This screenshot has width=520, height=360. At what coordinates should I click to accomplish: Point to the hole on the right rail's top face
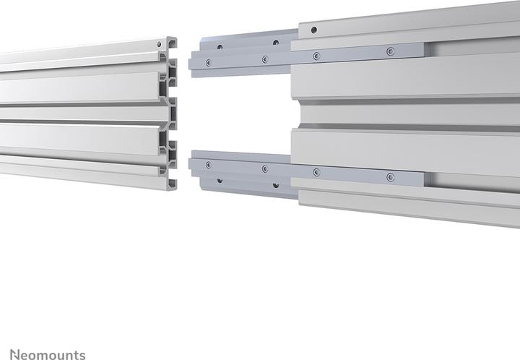[x=313, y=30]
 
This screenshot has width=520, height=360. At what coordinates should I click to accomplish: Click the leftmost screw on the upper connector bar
[x=208, y=62]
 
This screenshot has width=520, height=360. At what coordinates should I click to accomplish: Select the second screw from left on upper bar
[x=265, y=59]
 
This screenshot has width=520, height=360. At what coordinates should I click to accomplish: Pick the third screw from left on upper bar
[x=316, y=56]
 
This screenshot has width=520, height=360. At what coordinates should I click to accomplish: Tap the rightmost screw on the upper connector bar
[x=391, y=51]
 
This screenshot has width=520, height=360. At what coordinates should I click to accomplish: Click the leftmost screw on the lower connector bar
[x=208, y=165]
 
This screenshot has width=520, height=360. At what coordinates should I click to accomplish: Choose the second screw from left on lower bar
[x=265, y=168]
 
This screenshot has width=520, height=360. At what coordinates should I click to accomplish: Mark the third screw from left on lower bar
[x=316, y=172]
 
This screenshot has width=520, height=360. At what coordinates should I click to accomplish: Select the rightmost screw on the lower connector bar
[x=391, y=176]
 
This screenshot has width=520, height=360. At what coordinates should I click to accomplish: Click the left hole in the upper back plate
[x=220, y=47]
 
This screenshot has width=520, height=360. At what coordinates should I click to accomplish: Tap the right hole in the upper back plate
[x=276, y=43]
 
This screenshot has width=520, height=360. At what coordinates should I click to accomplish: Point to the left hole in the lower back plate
[x=220, y=180]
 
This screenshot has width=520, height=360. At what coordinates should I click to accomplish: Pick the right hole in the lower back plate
[x=276, y=184]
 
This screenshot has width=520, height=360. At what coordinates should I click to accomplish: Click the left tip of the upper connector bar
[x=191, y=64]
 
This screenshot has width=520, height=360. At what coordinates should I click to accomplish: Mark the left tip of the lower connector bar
[x=191, y=164]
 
